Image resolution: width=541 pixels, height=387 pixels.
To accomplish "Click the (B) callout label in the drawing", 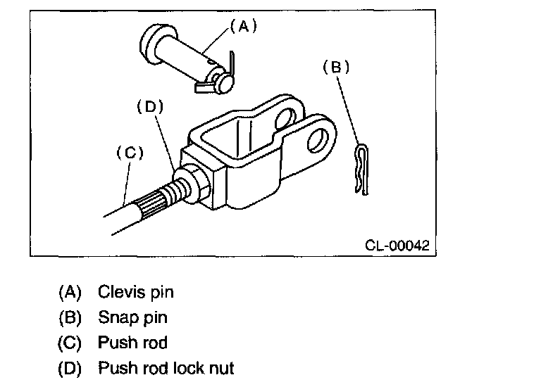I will point(335,67).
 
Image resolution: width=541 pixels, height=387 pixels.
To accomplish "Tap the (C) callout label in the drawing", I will point(129,153).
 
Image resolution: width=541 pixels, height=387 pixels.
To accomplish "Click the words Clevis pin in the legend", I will point(136,292).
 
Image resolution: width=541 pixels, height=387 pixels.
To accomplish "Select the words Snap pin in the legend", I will point(133,317).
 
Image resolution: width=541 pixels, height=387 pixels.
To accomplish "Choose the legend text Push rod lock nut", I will point(166,368).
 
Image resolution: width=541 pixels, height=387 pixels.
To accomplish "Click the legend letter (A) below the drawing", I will point(70,292).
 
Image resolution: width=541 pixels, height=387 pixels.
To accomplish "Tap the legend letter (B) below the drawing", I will point(70,317).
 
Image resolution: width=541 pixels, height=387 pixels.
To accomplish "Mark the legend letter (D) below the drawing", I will point(70,368).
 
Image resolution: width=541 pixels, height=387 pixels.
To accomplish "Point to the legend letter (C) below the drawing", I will point(70,343).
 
